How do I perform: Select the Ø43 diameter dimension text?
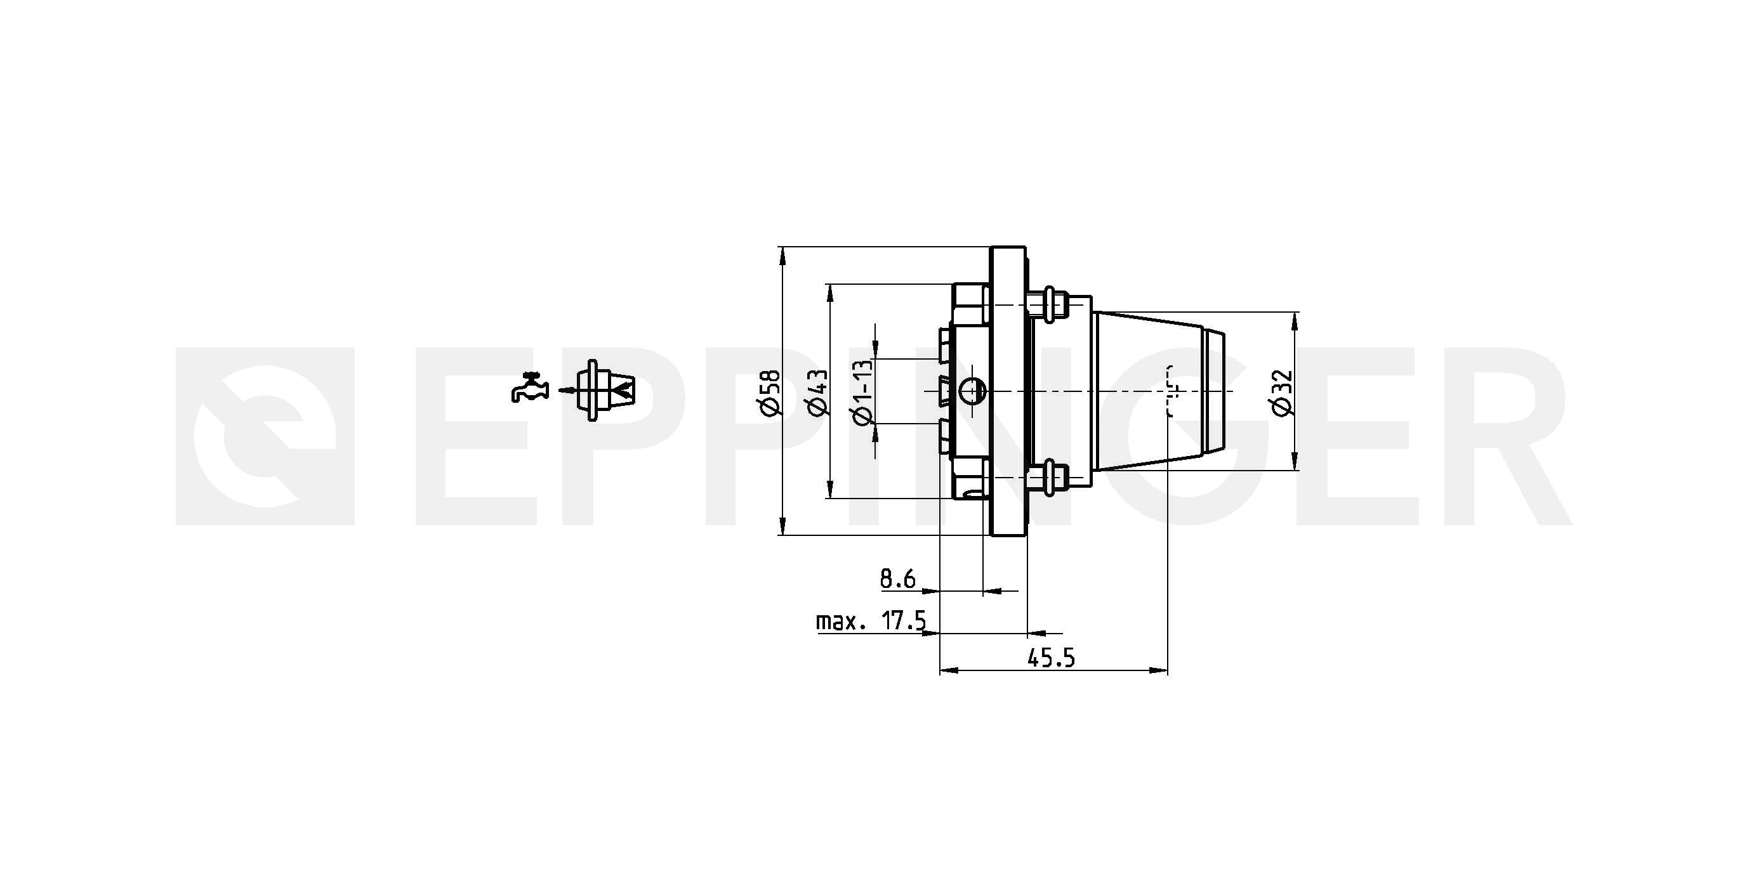[x=817, y=392]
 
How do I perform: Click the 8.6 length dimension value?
[x=898, y=579]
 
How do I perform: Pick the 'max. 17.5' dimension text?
[x=871, y=620]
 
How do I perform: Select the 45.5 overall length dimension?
[x=1051, y=658]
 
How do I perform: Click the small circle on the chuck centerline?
[x=973, y=391]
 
